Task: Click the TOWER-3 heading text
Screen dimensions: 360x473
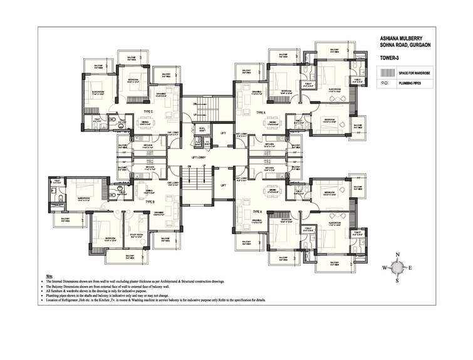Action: tap(390, 58)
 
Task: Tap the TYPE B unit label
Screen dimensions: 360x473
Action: tap(150, 202)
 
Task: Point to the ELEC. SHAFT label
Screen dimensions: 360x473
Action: tap(202, 130)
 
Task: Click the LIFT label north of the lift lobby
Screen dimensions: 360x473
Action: tap(223, 132)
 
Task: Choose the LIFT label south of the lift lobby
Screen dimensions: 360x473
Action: tap(223, 185)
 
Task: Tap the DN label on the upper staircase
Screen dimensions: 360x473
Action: tap(195, 103)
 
